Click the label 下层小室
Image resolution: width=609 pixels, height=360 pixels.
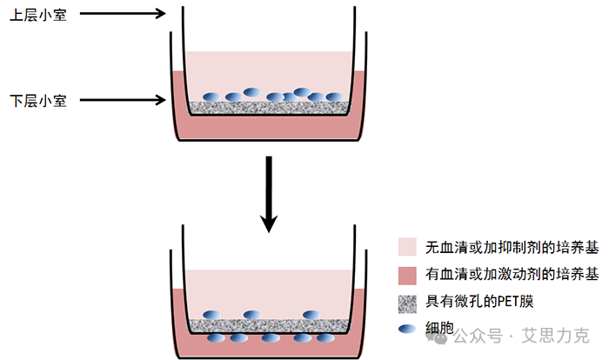37,100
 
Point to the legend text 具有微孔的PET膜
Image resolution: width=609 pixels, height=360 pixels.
478,302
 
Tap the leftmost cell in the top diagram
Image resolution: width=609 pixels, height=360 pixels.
211,97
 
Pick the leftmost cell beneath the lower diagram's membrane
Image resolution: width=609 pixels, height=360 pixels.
215,338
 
